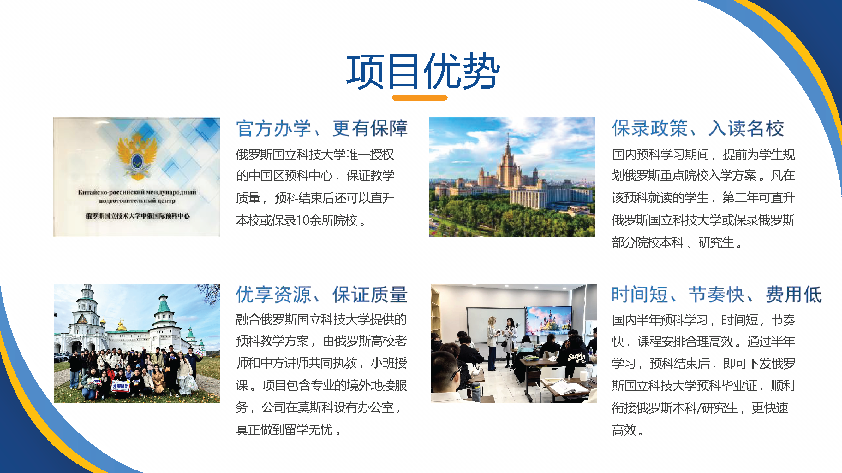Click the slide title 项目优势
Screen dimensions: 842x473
(423, 71)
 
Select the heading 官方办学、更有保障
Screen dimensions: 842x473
(322, 128)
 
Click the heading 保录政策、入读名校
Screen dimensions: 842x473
(698, 128)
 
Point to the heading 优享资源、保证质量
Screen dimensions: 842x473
(321, 295)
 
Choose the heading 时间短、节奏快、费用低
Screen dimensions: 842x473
(716, 295)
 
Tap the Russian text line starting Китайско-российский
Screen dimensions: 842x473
(137, 192)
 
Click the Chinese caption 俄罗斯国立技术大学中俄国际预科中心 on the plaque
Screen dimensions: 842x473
(138, 216)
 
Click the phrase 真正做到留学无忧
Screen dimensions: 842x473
(284, 430)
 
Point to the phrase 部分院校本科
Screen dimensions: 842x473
(648, 242)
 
